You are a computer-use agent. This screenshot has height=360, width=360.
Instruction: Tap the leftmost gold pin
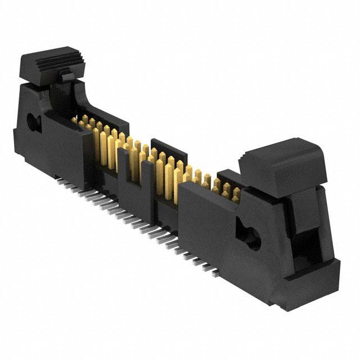pyautogui.click(x=74, y=120)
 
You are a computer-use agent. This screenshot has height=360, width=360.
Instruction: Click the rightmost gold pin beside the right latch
pyautogui.click(x=236, y=194)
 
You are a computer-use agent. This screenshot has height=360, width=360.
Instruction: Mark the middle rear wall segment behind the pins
pyautogui.click(x=169, y=147)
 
